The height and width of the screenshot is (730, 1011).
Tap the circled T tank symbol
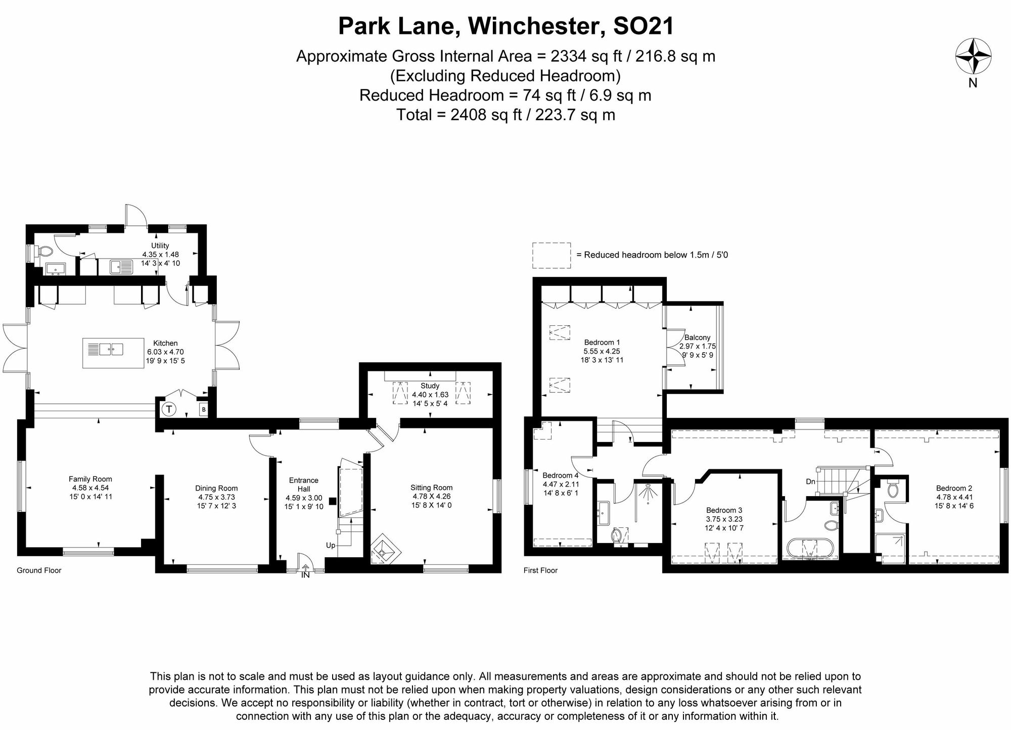point(169,409)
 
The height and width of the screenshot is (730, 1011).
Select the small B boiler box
point(203,409)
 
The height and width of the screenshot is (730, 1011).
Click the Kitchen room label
point(165,343)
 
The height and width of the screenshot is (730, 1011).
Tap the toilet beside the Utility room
point(44,252)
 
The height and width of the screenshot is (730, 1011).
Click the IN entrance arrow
point(305,571)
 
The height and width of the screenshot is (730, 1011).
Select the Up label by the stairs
point(331,546)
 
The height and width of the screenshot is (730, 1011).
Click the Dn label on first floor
point(810,481)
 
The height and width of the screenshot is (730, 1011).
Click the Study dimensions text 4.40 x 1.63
point(430,395)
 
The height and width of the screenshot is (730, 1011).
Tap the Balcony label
point(697,337)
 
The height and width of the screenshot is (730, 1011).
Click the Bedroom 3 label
point(724,510)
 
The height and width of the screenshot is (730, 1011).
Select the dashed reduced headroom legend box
point(552,255)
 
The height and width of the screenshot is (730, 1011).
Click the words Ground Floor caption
point(39,570)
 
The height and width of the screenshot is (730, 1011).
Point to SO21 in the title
point(643,26)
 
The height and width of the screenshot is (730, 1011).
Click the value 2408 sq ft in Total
point(485,115)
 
